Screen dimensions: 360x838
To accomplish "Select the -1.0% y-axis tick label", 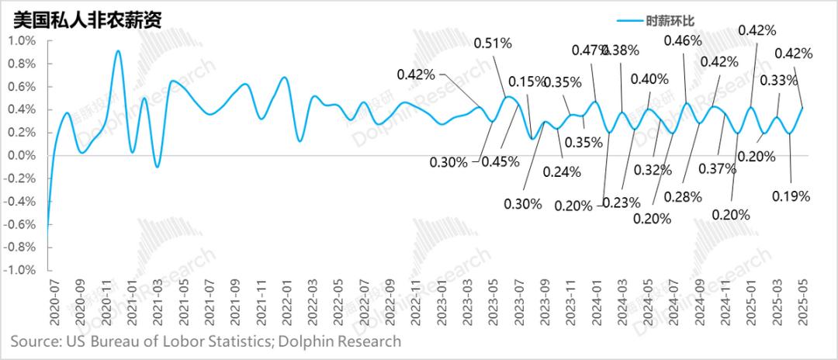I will pyautogui.click(x=19, y=271).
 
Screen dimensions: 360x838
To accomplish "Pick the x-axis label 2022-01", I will pyautogui.click(x=286, y=307).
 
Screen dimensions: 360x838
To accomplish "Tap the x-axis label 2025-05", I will pyautogui.click(x=803, y=307).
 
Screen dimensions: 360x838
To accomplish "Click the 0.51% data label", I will pyautogui.click(x=493, y=43).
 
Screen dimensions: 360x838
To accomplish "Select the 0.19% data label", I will pyautogui.click(x=791, y=196).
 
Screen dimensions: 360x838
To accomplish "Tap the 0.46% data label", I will pyautogui.click(x=684, y=40).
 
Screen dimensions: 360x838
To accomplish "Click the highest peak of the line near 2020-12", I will pyautogui.click(x=117, y=51).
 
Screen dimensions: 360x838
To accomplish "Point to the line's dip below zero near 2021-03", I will pyautogui.click(x=157, y=166).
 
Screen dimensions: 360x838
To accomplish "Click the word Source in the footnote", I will pyautogui.click(x=35, y=341).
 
